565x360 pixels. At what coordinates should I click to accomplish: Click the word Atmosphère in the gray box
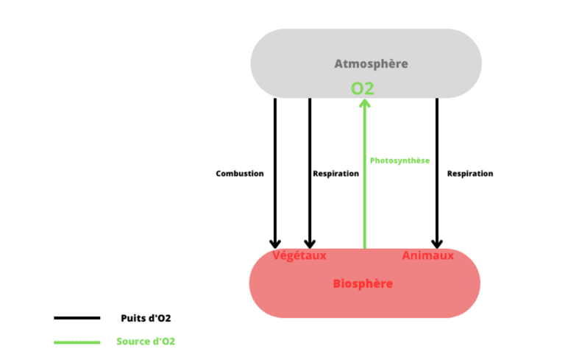click(x=371, y=64)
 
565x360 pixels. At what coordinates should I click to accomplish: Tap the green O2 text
click(x=363, y=88)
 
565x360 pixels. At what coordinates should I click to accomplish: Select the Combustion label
click(x=239, y=174)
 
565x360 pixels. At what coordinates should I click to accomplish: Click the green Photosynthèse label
click(x=399, y=160)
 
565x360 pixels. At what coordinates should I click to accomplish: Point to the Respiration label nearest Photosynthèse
click(x=335, y=174)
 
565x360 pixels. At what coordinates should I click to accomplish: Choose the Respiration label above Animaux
click(x=470, y=174)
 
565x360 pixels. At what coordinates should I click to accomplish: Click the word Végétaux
click(x=299, y=255)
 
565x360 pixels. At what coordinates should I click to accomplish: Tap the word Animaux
click(x=427, y=255)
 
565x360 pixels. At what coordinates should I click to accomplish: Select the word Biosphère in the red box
click(x=363, y=283)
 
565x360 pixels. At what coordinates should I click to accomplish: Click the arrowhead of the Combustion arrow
click(x=275, y=241)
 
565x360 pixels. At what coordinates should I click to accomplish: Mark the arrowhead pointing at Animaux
click(x=437, y=241)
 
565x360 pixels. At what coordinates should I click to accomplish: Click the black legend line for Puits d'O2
click(x=77, y=318)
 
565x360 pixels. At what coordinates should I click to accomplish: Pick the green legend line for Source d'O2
click(x=77, y=342)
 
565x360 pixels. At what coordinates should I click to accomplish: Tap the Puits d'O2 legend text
click(x=146, y=318)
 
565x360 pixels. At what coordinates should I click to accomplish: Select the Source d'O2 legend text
click(x=146, y=342)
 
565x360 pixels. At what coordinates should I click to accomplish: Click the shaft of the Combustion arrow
click(x=275, y=147)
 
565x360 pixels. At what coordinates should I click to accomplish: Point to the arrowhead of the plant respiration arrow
click(x=310, y=241)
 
